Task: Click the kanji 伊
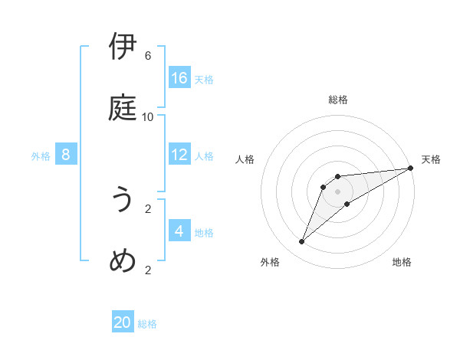tap(123, 47)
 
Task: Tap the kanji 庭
tap(123, 108)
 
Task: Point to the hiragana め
tap(123, 260)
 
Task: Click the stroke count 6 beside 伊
tap(148, 56)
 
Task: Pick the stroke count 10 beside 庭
tap(148, 117)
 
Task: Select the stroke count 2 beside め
tap(148, 270)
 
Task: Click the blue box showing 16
tap(179, 78)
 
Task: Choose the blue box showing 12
tap(179, 155)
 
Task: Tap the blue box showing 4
tap(179, 231)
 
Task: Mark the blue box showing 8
tap(66, 155)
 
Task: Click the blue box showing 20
tap(123, 322)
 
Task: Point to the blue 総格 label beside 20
tap(147, 324)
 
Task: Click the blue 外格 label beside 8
tap(41, 156)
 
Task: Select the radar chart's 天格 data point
tap(410, 168)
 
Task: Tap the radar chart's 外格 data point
tap(302, 242)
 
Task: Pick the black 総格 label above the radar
tap(338, 100)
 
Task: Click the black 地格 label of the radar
tap(402, 263)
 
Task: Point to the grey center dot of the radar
tap(338, 191)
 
